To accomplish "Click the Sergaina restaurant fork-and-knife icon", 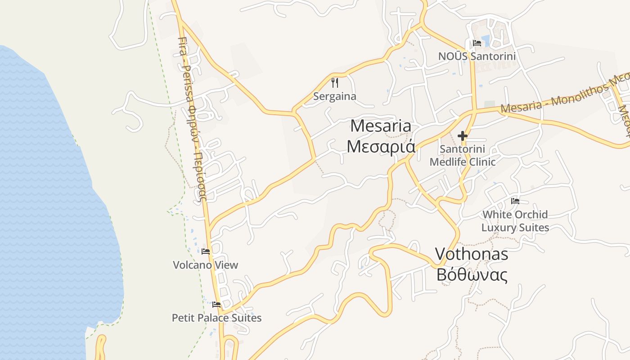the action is [334, 83].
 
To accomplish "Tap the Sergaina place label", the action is [334, 96].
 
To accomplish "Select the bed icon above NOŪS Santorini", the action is [477, 43].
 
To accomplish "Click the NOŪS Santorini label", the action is [477, 56].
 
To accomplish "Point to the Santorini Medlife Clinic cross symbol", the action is [463, 135].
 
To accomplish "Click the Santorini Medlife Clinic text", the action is [463, 155].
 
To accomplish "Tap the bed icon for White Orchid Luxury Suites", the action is [515, 201].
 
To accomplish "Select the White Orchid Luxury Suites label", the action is [515, 220].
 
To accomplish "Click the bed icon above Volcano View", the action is [206, 251].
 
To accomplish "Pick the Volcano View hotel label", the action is [206, 265].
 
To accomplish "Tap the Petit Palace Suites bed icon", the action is [216, 305].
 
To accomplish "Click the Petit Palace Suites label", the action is [216, 318].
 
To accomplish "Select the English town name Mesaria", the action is [381, 126].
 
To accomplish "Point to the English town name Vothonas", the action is [472, 254].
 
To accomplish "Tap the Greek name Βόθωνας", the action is [472, 274].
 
